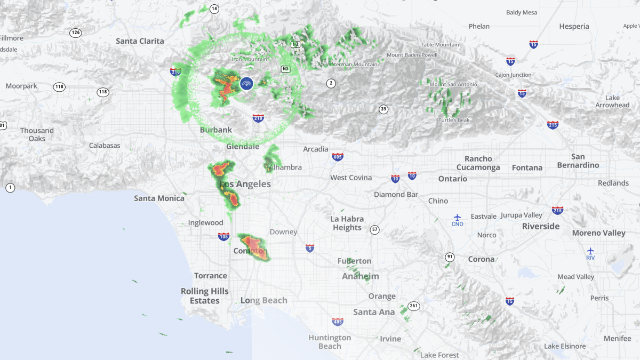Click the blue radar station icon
tap(246, 83)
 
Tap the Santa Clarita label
tap(140, 41)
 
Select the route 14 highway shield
tap(214, 9)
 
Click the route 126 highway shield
tap(76, 33)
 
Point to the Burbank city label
tap(216, 130)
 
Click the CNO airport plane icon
tap(457, 217)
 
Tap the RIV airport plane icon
tap(590, 251)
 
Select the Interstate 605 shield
tap(337, 157)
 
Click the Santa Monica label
tap(159, 198)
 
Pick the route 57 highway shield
tap(375, 230)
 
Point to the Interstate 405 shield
tap(337, 322)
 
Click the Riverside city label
tap(541, 226)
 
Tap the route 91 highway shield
tap(450, 257)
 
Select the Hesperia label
tap(574, 26)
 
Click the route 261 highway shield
tap(414, 306)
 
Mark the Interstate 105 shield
tap(223, 236)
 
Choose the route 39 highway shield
tap(383, 109)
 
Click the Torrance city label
tap(210, 276)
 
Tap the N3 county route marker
tap(286, 69)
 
